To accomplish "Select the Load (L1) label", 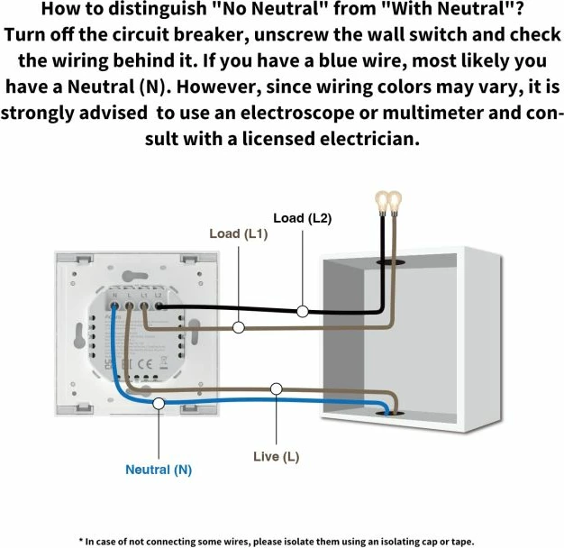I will click(x=238, y=233).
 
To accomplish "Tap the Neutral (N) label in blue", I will click(x=159, y=470).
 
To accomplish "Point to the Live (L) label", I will click(x=276, y=457).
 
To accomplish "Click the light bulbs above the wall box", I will click(x=388, y=201).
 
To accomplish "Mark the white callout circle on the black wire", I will click(x=303, y=312).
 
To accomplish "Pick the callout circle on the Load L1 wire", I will click(x=238, y=328).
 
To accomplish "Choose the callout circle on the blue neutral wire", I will click(x=159, y=404).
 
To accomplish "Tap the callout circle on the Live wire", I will click(x=276, y=388).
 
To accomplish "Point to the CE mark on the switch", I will click(x=145, y=362).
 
